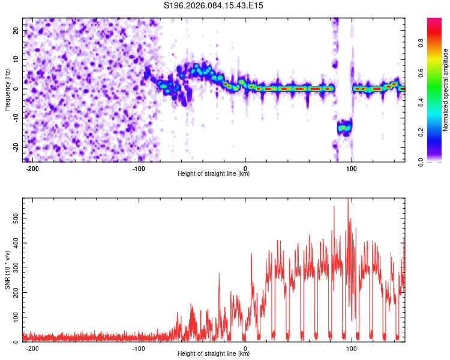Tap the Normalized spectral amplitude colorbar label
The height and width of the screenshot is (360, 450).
tap(445, 89)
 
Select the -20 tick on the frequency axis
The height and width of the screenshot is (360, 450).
tap(16, 147)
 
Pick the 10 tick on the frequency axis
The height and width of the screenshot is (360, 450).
tap(17, 60)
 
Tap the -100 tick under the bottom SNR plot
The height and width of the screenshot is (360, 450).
tap(139, 348)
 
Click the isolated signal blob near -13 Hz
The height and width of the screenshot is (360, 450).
tap(344, 127)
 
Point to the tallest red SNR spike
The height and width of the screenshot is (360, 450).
tap(348, 200)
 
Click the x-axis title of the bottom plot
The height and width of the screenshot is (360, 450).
tap(214, 354)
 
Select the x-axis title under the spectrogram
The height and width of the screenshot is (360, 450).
tap(214, 174)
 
